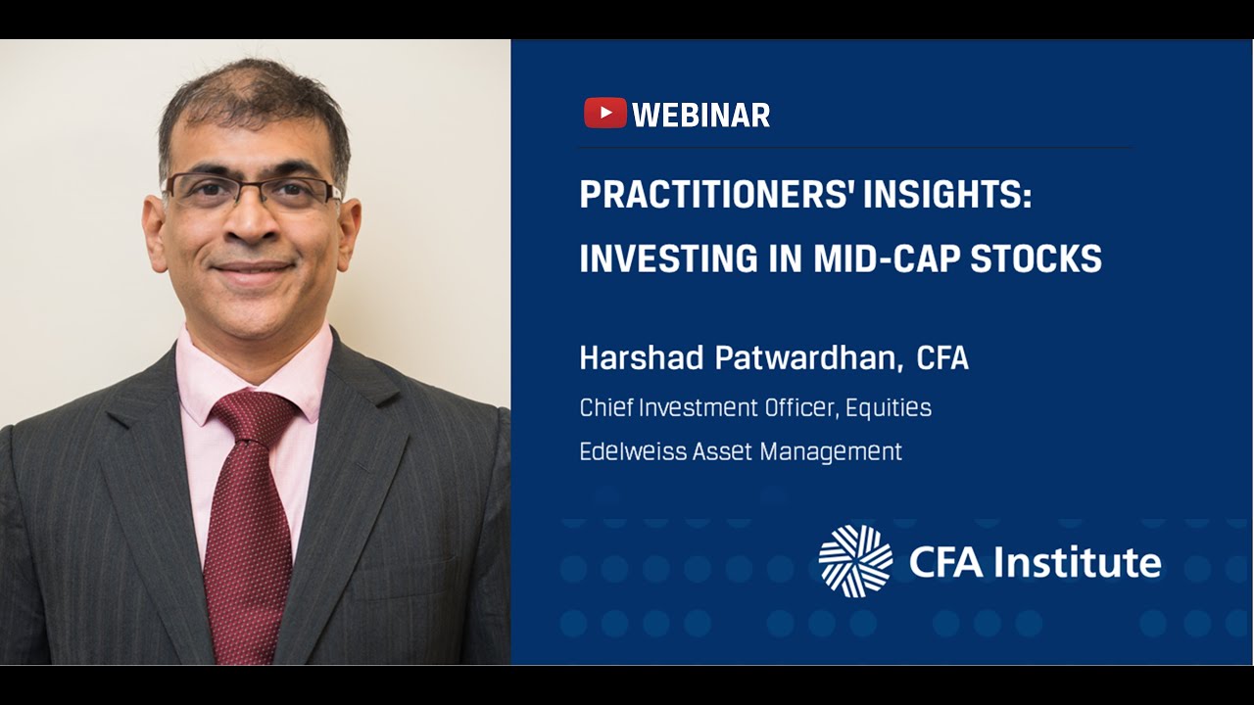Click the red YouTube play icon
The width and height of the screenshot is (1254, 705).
pyautogui.click(x=604, y=114)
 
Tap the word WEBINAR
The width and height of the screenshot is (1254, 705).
pyautogui.click(x=701, y=116)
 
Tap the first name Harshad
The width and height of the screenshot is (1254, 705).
pyautogui.click(x=642, y=358)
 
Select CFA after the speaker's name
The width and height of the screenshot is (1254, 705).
pyautogui.click(x=942, y=358)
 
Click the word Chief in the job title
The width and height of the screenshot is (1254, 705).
pyautogui.click(x=606, y=407)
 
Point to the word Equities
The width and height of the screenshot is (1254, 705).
pyautogui.click(x=889, y=408)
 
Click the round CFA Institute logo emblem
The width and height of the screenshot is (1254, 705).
pyautogui.click(x=855, y=561)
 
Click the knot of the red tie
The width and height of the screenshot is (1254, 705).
pyautogui.click(x=254, y=416)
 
